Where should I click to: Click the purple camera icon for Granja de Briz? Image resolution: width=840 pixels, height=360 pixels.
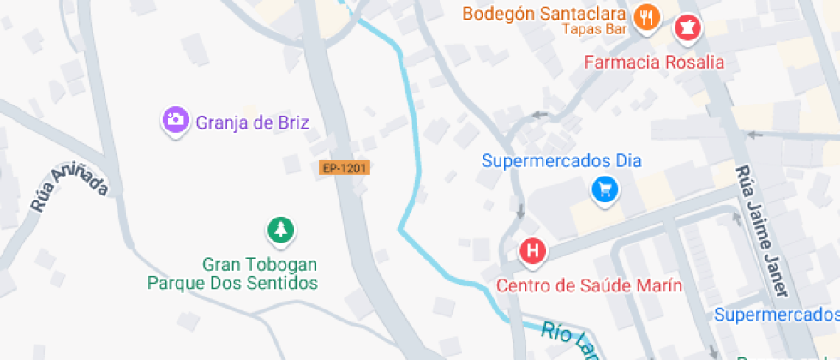176,120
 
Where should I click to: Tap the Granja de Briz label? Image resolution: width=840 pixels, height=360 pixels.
252,122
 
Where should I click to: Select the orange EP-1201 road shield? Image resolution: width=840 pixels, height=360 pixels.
345,168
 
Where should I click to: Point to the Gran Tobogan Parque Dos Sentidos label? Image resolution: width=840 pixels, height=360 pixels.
233,273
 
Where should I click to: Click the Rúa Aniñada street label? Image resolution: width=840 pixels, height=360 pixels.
68,189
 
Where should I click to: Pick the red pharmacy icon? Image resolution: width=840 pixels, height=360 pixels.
687,29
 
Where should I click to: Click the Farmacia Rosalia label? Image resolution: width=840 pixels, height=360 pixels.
654,63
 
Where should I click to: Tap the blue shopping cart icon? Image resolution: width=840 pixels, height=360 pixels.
605,189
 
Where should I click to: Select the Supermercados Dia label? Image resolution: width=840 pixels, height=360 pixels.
561,161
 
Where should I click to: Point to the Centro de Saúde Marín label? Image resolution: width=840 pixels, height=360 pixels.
590,285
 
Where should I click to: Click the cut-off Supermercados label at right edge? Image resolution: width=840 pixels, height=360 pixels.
777,315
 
